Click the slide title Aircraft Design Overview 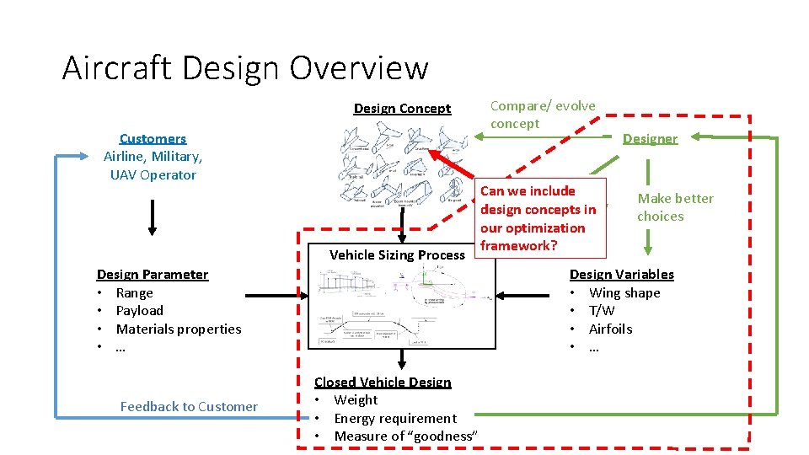[245, 67]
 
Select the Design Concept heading [402, 108]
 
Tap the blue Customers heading [153, 138]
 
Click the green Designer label [650, 138]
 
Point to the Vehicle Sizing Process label [397, 254]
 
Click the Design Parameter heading [153, 274]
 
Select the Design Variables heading [622, 274]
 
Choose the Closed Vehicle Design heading [383, 382]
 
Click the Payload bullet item [139, 310]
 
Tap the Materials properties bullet [178, 329]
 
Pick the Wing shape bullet [624, 292]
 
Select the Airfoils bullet [610, 329]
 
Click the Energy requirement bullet [395, 418]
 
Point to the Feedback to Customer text [189, 406]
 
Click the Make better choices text [674, 207]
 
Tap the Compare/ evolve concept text [543, 115]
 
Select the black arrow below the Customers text [153, 217]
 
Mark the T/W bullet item [602, 310]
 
